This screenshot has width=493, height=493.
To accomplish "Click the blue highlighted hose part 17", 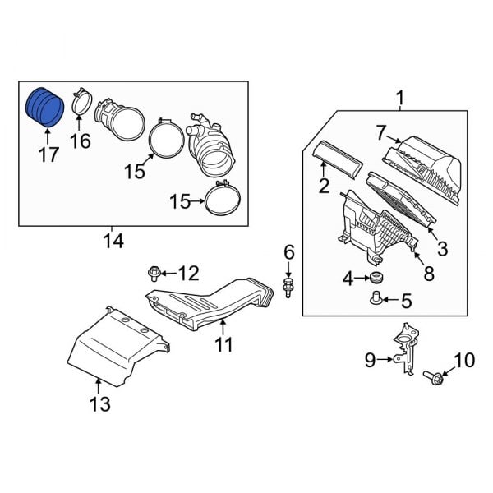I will click(44, 107).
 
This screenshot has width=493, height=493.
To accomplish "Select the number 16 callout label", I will click(80, 141).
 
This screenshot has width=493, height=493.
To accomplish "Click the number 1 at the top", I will click(400, 100).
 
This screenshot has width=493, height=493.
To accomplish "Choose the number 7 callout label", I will click(380, 132).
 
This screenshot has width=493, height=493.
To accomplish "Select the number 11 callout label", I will click(224, 346).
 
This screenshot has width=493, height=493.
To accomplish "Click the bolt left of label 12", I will click(154, 272).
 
